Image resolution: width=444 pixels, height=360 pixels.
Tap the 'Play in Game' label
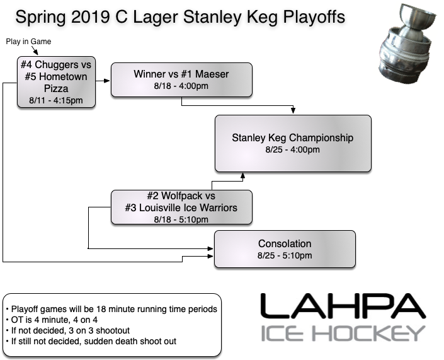click(28, 42)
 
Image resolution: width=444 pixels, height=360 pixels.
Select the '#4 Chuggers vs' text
click(55, 66)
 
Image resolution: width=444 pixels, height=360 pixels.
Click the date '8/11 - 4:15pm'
click(55, 100)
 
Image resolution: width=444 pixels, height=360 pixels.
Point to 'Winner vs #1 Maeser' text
click(181, 74)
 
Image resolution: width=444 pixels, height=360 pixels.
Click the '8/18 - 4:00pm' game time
click(181, 87)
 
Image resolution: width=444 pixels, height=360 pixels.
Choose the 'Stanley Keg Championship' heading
click(293, 137)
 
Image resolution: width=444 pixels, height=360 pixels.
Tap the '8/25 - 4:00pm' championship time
click(293, 150)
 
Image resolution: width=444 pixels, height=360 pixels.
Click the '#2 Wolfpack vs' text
click(181, 196)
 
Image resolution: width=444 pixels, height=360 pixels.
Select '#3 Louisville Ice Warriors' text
click(181, 207)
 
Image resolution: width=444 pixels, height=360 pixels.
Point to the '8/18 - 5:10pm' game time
click(181, 219)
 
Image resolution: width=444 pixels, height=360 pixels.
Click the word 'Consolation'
click(285, 244)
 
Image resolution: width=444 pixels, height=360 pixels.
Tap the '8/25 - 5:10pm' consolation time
click(285, 257)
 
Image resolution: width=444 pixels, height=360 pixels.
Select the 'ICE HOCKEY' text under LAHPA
click(343, 333)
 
